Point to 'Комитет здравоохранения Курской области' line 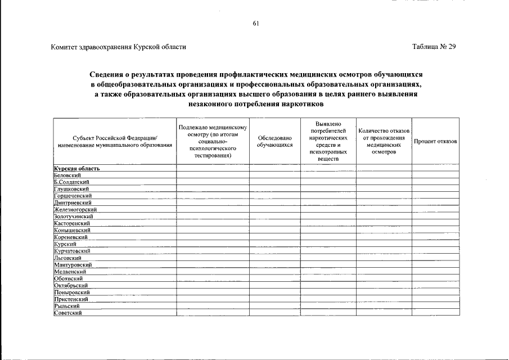[x=118, y=47]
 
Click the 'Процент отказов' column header [x=435, y=141]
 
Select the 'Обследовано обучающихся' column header [x=274, y=141]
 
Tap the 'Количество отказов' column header [x=384, y=141]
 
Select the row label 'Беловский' [x=66, y=175]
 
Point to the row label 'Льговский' [x=67, y=258]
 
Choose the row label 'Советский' [x=67, y=313]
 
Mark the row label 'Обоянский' [x=69, y=278]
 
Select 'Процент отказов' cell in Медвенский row [x=435, y=272]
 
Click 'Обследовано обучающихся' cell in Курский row [x=274, y=244]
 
